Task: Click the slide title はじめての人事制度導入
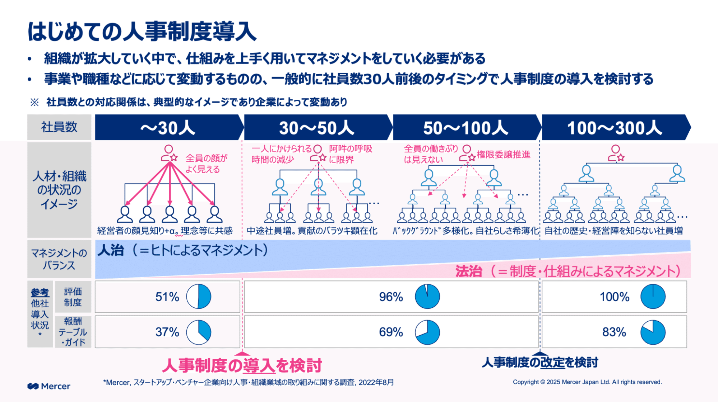click(x=142, y=32)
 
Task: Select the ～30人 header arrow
click(x=168, y=128)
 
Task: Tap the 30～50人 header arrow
click(x=316, y=128)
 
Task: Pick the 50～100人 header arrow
click(x=465, y=128)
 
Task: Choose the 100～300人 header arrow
click(x=614, y=128)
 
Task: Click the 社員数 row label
click(x=59, y=127)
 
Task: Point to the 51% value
click(x=167, y=297)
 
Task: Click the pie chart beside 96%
click(x=427, y=297)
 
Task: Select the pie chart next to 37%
click(x=199, y=332)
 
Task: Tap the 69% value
click(x=391, y=332)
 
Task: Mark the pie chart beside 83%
click(x=653, y=332)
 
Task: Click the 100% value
click(x=614, y=297)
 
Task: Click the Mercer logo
click(x=49, y=386)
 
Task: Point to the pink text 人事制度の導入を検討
click(x=242, y=365)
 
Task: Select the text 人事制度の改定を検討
click(x=539, y=363)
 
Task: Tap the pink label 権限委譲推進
click(x=503, y=155)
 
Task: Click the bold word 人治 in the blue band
click(x=111, y=250)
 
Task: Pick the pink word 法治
click(x=468, y=271)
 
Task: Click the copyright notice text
click(x=587, y=382)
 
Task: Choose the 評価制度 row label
click(x=73, y=297)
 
